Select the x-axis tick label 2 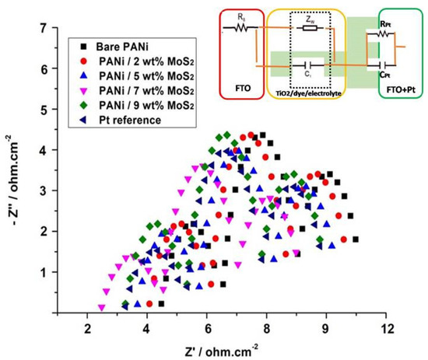pos(88,327)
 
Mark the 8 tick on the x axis pos(267,327)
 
